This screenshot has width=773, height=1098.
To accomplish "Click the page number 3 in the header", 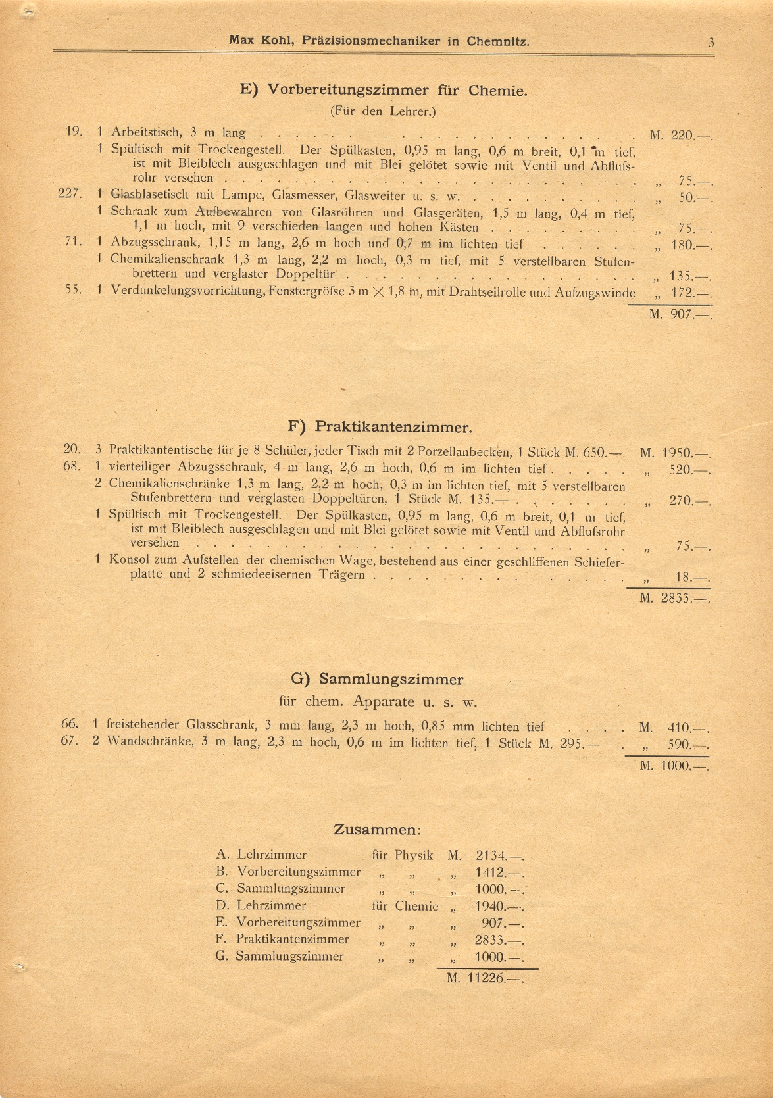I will (x=711, y=43).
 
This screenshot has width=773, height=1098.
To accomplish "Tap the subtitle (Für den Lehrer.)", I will (x=383, y=111).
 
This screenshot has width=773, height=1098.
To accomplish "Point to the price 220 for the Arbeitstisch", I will (x=682, y=136).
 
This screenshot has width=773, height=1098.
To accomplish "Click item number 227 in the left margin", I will (x=70, y=193).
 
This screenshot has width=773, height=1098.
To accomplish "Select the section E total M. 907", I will (x=680, y=314).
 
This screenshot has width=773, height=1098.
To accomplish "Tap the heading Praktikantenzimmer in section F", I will (x=393, y=427).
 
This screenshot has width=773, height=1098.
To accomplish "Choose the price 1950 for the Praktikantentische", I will (x=677, y=453).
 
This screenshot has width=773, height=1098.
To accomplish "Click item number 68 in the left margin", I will (x=72, y=466).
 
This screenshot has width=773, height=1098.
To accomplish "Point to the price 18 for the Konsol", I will (x=684, y=578).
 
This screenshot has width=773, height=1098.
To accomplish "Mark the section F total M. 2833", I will (x=676, y=599).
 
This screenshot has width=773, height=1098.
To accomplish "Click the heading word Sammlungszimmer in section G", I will (x=391, y=679).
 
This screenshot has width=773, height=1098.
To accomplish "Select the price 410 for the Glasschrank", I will (x=679, y=728).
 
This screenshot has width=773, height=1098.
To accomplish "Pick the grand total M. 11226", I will (x=485, y=978).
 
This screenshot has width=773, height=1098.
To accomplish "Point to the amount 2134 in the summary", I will (x=490, y=856).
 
